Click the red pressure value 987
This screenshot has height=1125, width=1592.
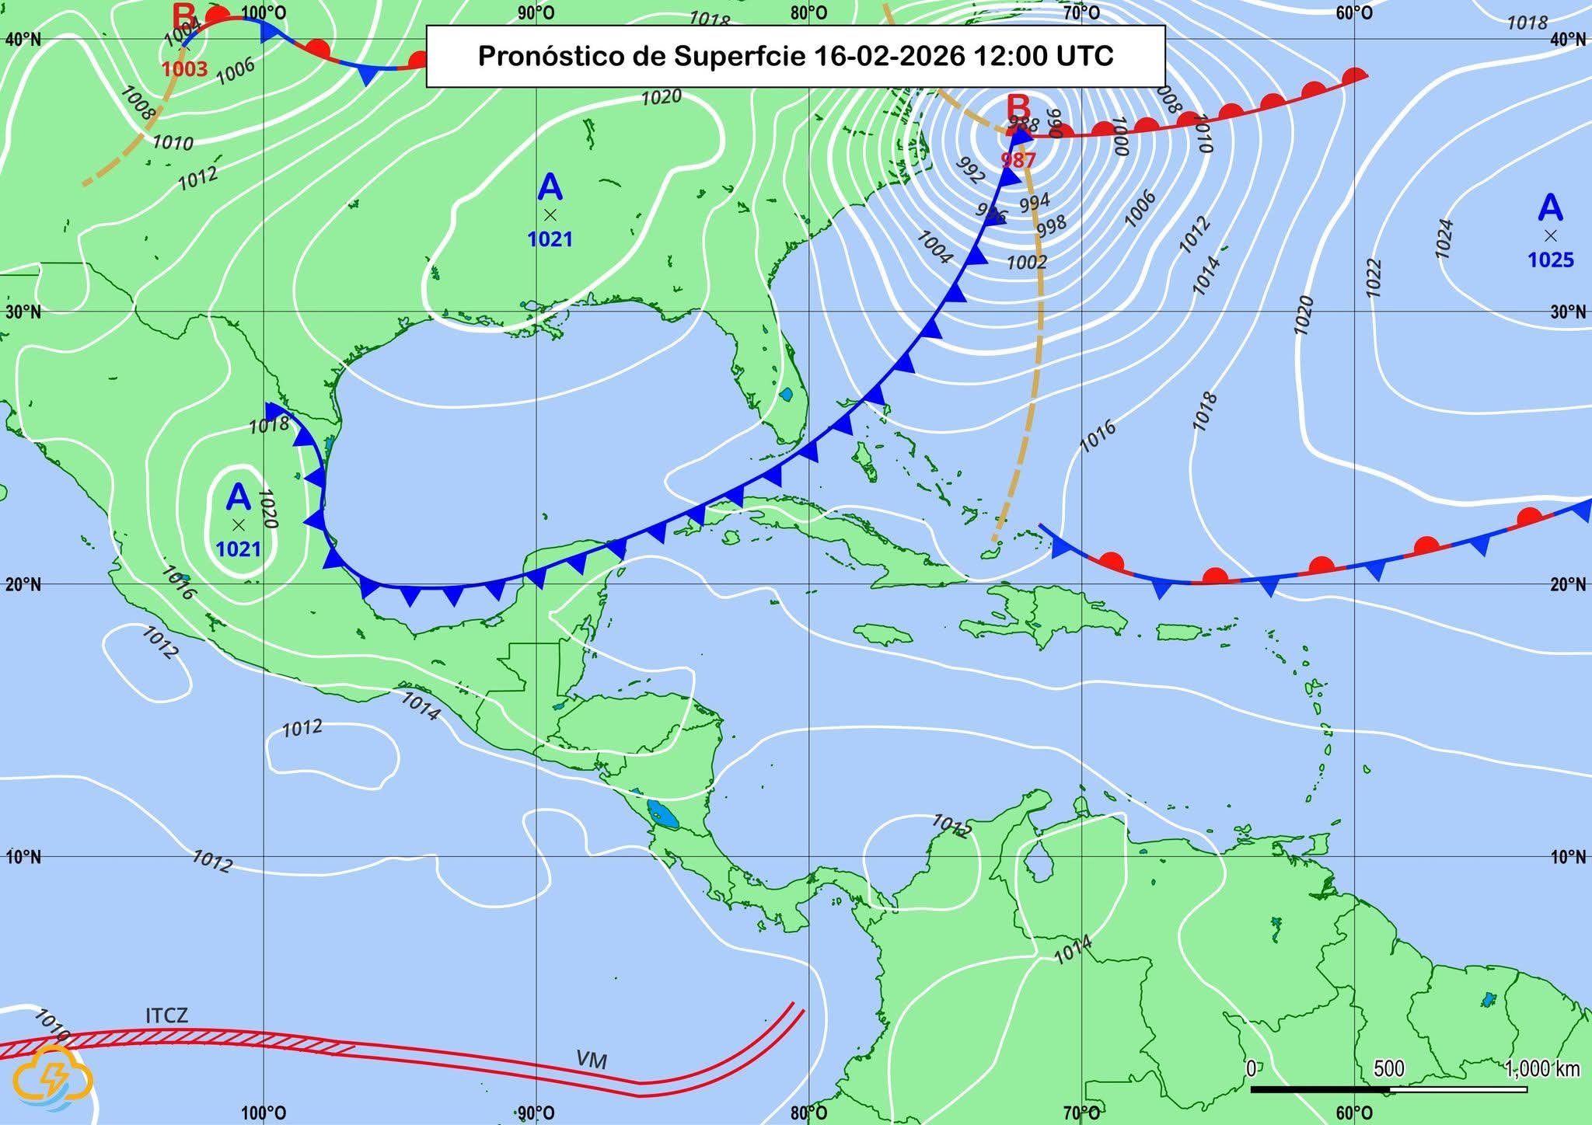(x=1018, y=160)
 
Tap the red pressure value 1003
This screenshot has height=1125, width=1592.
(x=185, y=69)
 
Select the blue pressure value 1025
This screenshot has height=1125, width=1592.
(x=1550, y=259)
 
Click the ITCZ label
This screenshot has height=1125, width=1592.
(x=166, y=1015)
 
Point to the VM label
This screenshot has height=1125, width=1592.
(x=592, y=1060)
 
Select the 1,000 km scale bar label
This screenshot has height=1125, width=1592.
(x=1542, y=1068)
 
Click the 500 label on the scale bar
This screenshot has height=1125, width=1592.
(x=1389, y=1068)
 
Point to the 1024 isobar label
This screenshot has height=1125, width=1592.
(x=1444, y=238)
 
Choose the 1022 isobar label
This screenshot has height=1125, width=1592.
(x=1374, y=277)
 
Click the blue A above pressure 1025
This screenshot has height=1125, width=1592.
(x=1550, y=209)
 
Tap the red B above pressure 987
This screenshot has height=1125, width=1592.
(x=1018, y=107)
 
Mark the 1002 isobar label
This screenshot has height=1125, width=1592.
(x=1026, y=262)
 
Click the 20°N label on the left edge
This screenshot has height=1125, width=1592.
(x=23, y=584)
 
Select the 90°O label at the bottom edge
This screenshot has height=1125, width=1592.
(x=536, y=1113)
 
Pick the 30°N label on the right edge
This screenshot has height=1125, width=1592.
(x=1567, y=312)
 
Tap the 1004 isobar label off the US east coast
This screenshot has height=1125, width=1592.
(x=934, y=247)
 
